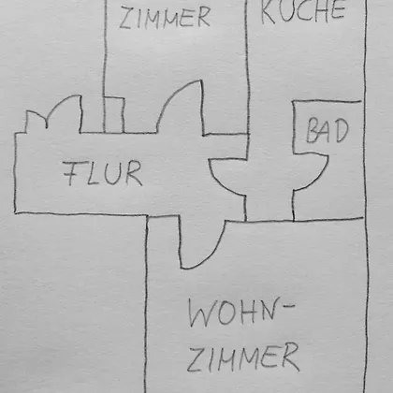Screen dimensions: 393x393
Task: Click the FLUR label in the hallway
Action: [x=103, y=173]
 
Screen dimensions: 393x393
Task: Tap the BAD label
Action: [x=327, y=130]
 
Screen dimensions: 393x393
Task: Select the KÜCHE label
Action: [x=303, y=12]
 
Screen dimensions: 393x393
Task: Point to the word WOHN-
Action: [x=241, y=313]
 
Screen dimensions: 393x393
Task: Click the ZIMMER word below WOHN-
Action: [x=243, y=357]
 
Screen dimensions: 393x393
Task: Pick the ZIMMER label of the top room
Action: [x=165, y=18]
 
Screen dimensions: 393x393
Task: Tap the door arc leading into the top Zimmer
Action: [x=181, y=105]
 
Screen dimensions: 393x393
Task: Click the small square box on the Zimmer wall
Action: [x=114, y=115]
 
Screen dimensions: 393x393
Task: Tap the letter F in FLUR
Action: [x=72, y=174]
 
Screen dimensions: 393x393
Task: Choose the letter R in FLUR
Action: [x=134, y=173]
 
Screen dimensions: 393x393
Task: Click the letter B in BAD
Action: [x=313, y=131]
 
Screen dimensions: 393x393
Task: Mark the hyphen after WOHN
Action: [x=289, y=306]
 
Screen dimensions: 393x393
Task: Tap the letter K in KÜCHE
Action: [x=269, y=12]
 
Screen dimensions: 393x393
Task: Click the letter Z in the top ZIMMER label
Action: [x=127, y=19]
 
